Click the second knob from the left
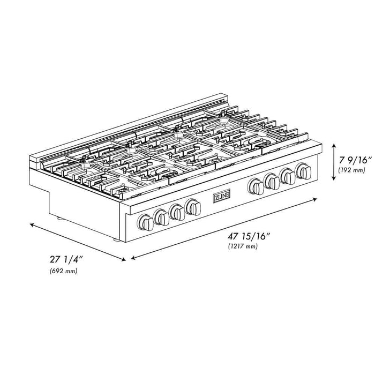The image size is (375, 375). pos(161,216)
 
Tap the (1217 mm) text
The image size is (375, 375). pos(242,246)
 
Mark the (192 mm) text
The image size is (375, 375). pos(351,170)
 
